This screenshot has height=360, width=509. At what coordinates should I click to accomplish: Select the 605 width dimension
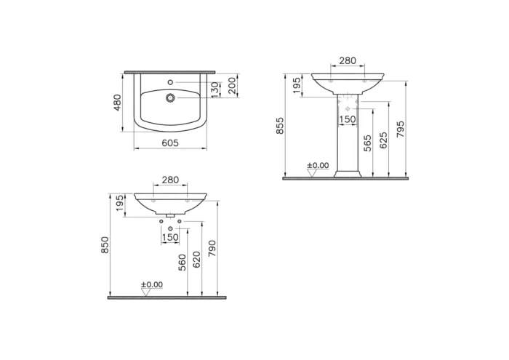pyautogui.click(x=169, y=143)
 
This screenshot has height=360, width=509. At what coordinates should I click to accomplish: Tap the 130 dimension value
pyautogui.click(x=215, y=89)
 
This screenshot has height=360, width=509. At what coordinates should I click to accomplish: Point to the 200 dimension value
pyautogui.click(x=231, y=86)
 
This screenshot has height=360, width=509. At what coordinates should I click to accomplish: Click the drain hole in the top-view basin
pyautogui.click(x=170, y=97)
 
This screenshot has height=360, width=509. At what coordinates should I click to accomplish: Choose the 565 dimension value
pyautogui.click(x=367, y=143)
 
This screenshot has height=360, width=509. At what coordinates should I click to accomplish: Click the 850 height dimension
pyautogui.click(x=105, y=245)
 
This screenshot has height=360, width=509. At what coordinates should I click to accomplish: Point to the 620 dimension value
pyautogui.click(x=196, y=260)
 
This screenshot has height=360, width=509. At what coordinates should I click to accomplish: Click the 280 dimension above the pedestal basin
pyautogui.click(x=348, y=60)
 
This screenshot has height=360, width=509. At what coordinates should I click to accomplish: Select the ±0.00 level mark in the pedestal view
pyautogui.click(x=317, y=166)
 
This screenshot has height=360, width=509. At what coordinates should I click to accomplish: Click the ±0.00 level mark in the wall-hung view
pyautogui.click(x=152, y=285)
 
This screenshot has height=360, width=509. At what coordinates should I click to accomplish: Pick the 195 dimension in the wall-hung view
pyautogui.click(x=120, y=205)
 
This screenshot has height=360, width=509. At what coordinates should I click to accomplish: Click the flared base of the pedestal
pyautogui.click(x=347, y=173)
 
